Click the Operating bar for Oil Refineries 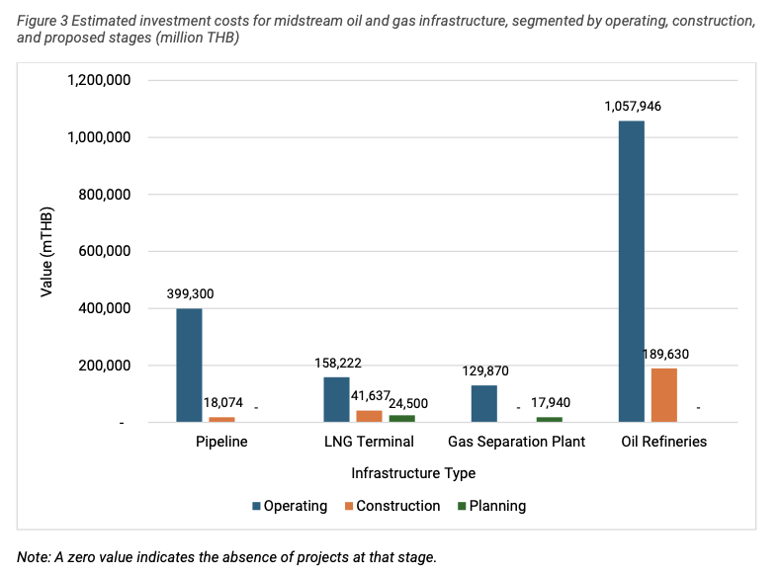pyautogui.click(x=631, y=272)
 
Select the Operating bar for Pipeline pyautogui.click(x=189, y=366)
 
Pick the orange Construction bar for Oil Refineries pyautogui.click(x=663, y=395)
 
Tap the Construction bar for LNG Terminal pyautogui.click(x=369, y=416)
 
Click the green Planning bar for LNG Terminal pyautogui.click(x=401, y=419)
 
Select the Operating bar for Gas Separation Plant pyautogui.click(x=483, y=404)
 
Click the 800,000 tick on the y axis pyautogui.click(x=99, y=195)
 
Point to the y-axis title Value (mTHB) pyautogui.click(x=46, y=252)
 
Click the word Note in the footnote pyautogui.click(x=33, y=557)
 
